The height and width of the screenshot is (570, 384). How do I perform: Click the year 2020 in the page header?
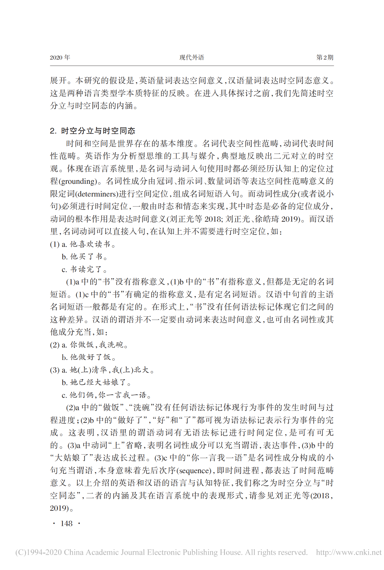(x=56, y=58)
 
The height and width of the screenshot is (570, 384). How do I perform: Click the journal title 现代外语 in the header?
(x=192, y=58)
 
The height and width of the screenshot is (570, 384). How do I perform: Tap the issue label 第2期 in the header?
(x=325, y=58)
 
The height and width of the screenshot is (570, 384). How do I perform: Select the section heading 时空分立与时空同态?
(x=98, y=131)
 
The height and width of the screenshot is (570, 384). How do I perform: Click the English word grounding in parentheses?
(x=77, y=182)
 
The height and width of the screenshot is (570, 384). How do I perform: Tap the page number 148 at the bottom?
(x=66, y=523)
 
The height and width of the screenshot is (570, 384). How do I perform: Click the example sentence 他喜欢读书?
(x=92, y=244)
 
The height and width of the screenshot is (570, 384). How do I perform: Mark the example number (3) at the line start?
(x=55, y=370)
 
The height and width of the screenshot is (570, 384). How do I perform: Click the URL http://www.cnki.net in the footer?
(x=349, y=552)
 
